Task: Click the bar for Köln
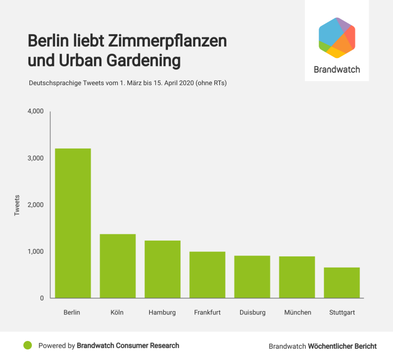pos(118,266)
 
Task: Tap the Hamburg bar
pos(163,269)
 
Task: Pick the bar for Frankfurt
pos(207,275)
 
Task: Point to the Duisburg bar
pos(252,277)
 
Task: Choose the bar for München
pos(297,277)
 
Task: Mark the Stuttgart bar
pos(342,282)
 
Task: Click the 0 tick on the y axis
pos(42,298)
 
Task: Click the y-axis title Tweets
pos(17,205)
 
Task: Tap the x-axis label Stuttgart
pos(342,312)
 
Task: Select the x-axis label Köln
pos(117,312)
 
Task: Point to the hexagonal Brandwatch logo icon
pos(337,38)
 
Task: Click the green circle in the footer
pos(27,345)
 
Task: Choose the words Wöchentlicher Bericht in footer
pos(342,346)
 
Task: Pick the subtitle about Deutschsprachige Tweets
pos(128,83)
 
